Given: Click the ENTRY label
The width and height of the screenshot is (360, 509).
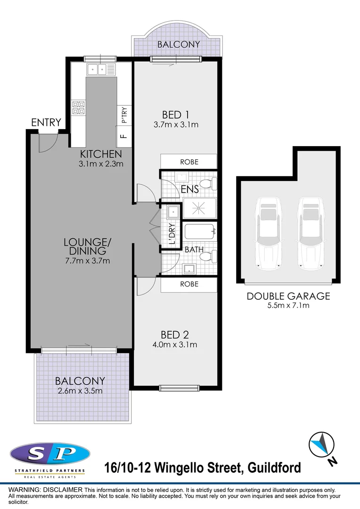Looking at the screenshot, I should (x=46, y=123).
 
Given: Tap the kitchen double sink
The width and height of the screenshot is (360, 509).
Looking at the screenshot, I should (x=100, y=70).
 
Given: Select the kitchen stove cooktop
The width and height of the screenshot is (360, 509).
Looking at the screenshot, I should (x=78, y=108).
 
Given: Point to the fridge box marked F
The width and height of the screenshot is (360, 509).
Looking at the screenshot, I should (x=124, y=137).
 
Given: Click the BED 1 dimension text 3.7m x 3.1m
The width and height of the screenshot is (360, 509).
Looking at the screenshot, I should (x=175, y=125).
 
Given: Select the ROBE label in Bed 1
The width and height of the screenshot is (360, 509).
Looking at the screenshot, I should (x=189, y=162).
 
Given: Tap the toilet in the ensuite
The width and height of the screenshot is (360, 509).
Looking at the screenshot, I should (x=208, y=183).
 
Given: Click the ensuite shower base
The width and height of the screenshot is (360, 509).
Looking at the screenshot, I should (x=199, y=208).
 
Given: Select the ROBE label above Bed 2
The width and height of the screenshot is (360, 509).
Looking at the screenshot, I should (x=189, y=284).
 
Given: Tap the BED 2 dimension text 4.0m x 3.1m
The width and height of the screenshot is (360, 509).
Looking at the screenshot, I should (x=175, y=345).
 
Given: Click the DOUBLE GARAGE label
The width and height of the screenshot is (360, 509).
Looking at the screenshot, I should (x=288, y=296).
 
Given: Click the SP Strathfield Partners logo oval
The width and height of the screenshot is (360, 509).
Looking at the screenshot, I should (x=49, y=454).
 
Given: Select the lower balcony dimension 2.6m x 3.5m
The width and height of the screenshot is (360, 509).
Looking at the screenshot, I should (x=80, y=391).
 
